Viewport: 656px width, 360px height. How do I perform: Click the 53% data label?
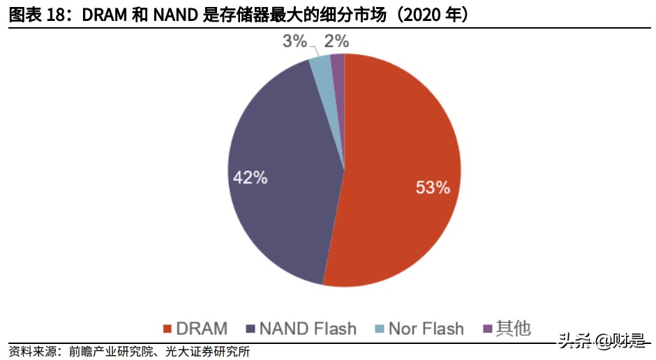433,187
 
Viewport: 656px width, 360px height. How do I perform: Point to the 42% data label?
250,177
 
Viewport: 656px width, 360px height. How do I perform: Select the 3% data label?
295,41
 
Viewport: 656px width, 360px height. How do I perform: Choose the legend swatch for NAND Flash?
250,329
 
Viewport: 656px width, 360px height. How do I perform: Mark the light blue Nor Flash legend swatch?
378,329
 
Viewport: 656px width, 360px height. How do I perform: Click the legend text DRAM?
202,329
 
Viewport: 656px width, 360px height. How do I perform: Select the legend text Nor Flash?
426,329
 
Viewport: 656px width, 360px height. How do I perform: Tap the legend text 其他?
513,328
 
